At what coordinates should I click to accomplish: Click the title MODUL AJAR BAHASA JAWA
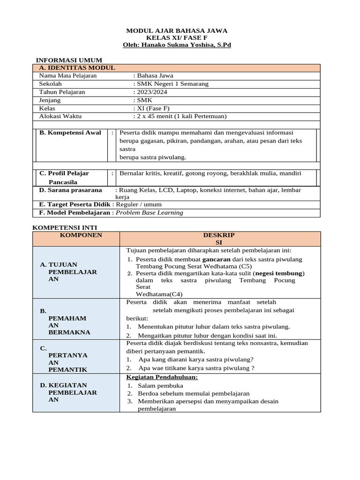click(x=177, y=30)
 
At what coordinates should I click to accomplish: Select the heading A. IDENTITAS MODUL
click(x=77, y=68)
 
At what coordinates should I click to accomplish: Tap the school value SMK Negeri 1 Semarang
click(x=172, y=84)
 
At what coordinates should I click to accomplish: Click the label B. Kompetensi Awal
click(x=70, y=133)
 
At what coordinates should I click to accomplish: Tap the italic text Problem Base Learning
click(x=149, y=212)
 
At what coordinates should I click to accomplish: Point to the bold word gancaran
click(x=216, y=259)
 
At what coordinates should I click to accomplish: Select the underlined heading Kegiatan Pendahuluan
click(x=162, y=377)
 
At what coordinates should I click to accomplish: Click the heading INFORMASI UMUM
click(x=69, y=60)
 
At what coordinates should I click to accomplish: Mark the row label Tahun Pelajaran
click(x=62, y=92)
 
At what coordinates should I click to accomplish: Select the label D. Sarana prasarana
click(x=70, y=190)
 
